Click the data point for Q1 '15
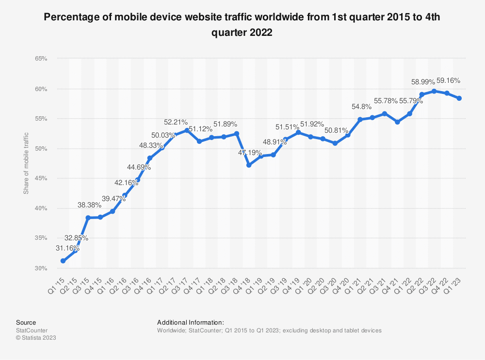click(63, 261)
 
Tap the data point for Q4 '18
click(249, 165)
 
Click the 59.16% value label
click(449, 80)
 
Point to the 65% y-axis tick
click(41, 59)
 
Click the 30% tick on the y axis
click(41, 268)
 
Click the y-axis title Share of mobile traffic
click(26, 163)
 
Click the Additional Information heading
click(190, 322)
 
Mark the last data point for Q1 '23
click(459, 98)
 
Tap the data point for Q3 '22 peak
click(435, 91)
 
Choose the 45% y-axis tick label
click(41, 178)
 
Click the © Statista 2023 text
click(36, 338)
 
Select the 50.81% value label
click(335, 131)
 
